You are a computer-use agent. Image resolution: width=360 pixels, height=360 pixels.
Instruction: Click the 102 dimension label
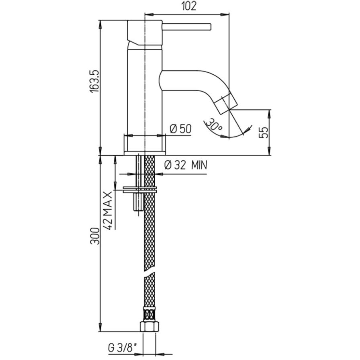tap(189, 6)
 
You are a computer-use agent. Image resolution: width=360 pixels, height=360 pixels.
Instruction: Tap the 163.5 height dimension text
tap(94, 81)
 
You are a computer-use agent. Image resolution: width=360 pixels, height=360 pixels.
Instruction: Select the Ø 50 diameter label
tap(180, 129)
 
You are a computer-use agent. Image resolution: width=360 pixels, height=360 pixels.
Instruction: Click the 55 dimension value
tap(264, 133)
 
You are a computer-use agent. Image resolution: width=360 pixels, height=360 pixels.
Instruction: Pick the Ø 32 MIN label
tap(186, 165)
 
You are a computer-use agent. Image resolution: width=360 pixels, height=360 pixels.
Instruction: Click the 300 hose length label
tap(95, 236)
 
